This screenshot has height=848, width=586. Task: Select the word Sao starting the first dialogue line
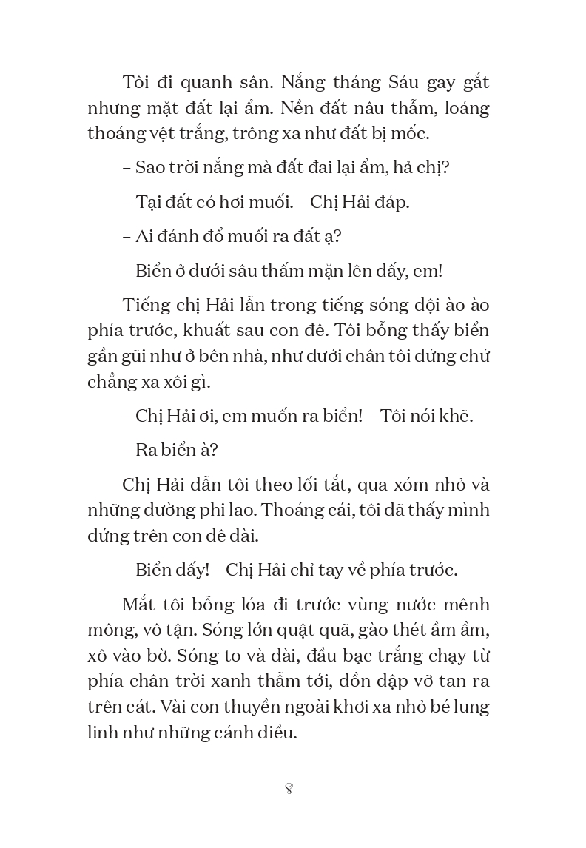[149, 167]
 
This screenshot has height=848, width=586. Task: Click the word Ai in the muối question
[145, 236]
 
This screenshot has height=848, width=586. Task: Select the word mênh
[464, 605]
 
